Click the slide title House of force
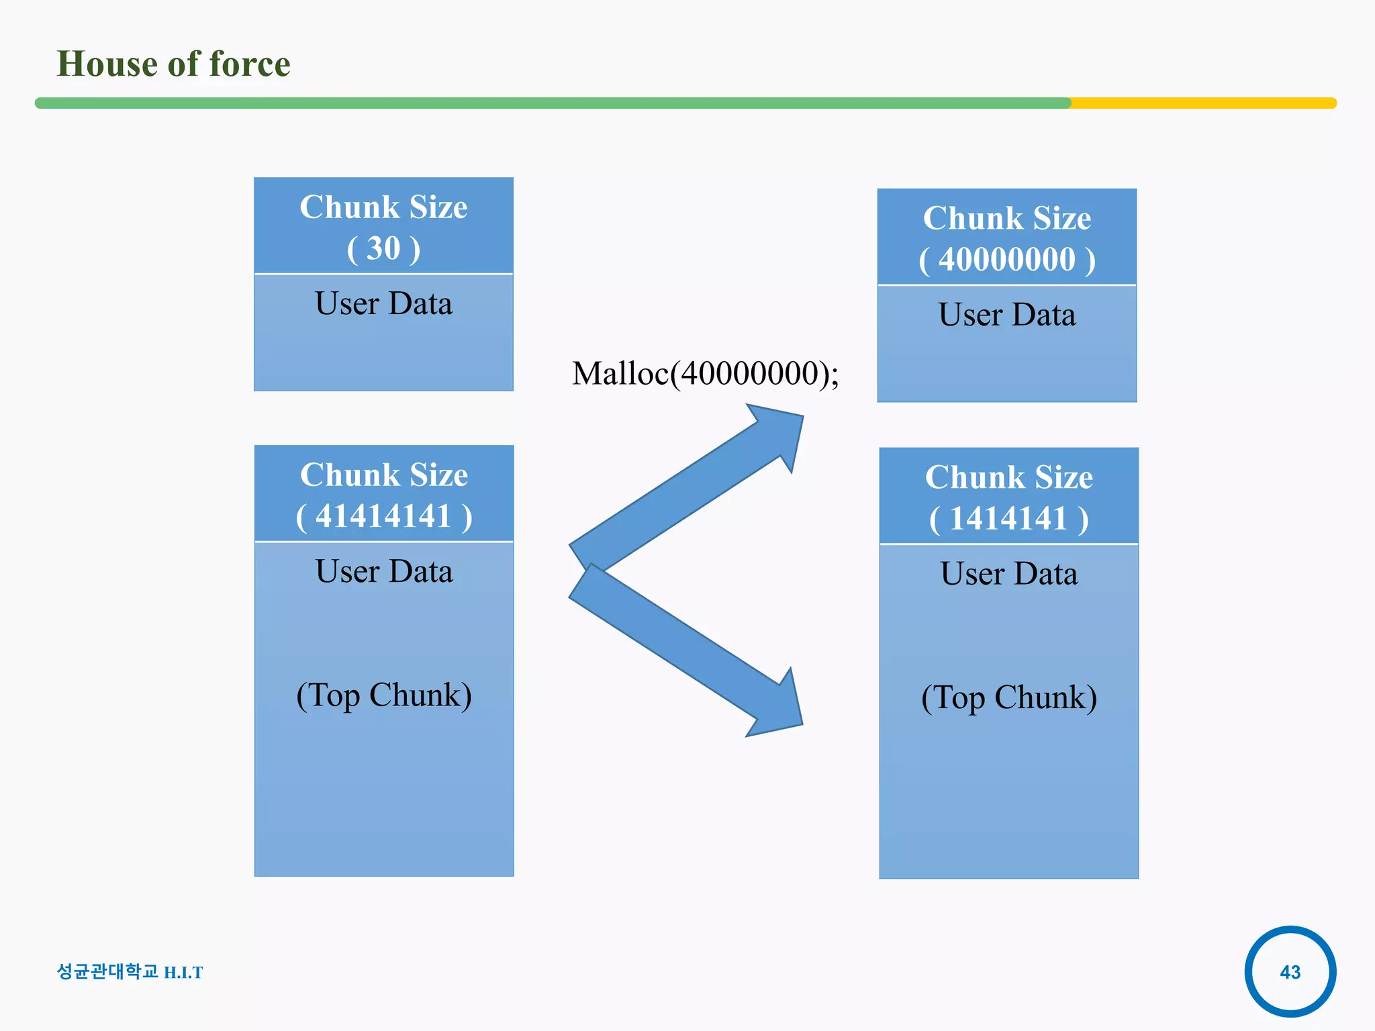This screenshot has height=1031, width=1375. (173, 64)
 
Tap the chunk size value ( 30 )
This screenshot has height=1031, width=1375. (383, 248)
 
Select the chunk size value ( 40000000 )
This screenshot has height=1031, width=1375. (1006, 260)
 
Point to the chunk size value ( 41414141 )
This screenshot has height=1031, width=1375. (383, 516)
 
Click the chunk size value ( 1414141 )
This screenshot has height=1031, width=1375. (1008, 519)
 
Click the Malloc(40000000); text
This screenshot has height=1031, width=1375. (705, 373)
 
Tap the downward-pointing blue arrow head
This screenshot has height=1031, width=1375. (779, 709)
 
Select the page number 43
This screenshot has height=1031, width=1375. (1290, 971)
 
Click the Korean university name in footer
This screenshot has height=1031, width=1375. (107, 971)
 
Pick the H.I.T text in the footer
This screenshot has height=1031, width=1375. (183, 973)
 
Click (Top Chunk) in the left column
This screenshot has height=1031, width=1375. (383, 695)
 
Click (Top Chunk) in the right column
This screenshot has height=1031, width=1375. (1008, 697)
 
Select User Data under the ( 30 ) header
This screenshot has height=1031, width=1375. (383, 303)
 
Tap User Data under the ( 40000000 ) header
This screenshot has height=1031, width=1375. (1006, 315)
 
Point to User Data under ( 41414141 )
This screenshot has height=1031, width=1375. (383, 571)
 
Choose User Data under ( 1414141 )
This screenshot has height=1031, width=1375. (1008, 574)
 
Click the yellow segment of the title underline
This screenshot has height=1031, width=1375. (1202, 103)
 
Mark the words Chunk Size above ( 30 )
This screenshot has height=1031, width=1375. (383, 207)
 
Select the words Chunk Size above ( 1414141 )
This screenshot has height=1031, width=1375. (1008, 477)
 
